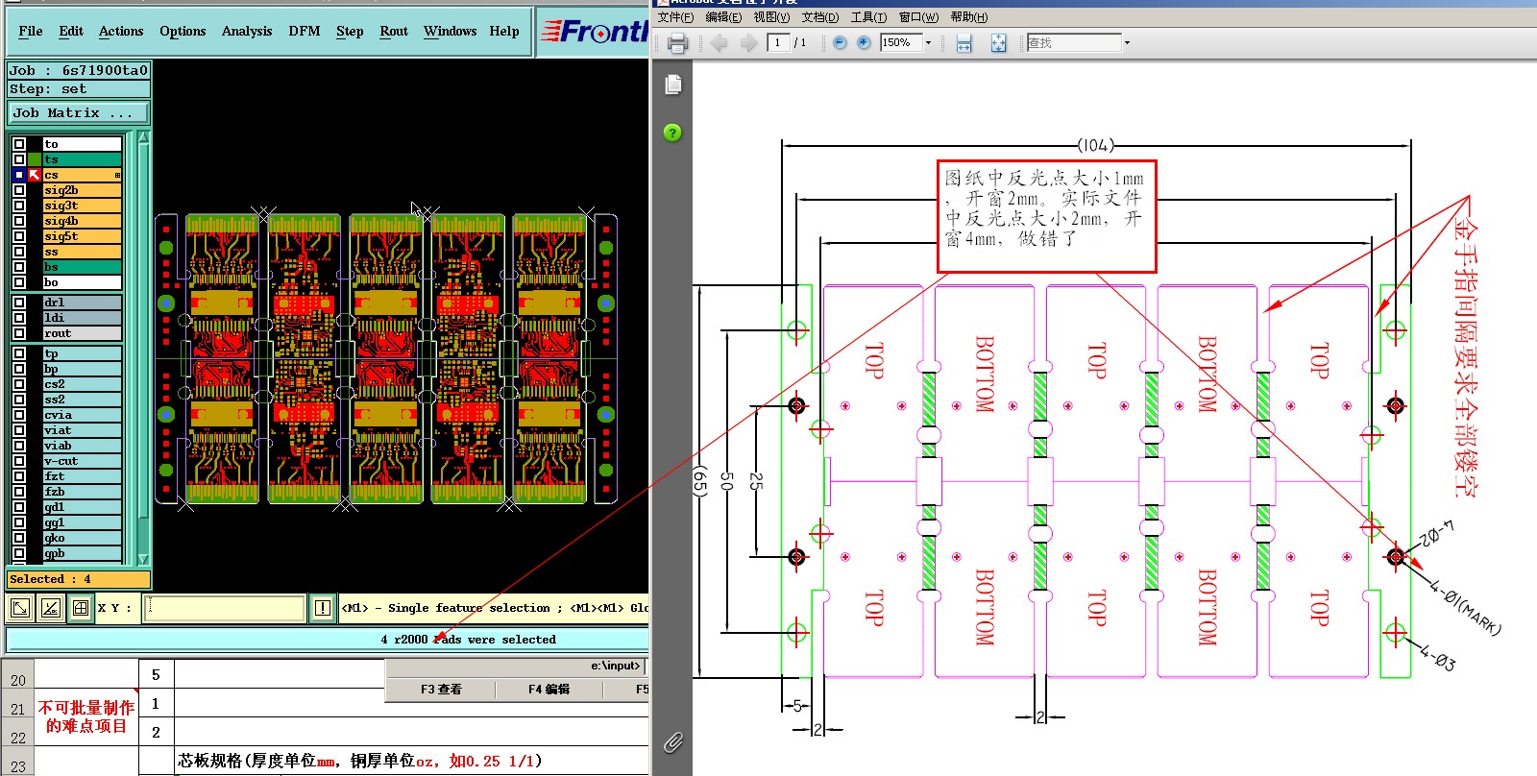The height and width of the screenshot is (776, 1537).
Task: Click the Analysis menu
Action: tap(247, 31)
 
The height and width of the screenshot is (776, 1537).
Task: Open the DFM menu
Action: tap(305, 31)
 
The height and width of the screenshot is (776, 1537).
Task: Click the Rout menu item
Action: tap(394, 31)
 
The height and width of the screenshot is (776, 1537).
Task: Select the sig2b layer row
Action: tap(82, 190)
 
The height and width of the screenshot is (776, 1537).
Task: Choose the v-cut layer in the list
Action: tap(82, 461)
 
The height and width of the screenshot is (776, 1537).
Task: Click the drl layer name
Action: tap(82, 303)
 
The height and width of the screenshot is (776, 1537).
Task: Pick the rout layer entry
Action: tap(82, 333)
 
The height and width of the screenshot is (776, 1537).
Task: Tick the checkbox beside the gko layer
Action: tap(19, 538)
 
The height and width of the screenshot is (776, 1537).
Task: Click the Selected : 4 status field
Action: tap(78, 579)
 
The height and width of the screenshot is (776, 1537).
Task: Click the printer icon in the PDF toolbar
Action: tap(677, 43)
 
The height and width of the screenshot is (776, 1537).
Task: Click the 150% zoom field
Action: tap(901, 43)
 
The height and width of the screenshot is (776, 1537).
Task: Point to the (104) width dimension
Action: tap(1096, 146)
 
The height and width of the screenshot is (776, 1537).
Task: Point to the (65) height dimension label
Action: tap(700, 480)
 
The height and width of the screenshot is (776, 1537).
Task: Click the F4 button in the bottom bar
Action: tap(549, 690)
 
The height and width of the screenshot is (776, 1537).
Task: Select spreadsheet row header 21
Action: tap(18, 709)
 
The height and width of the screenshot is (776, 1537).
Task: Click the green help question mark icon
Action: tap(672, 133)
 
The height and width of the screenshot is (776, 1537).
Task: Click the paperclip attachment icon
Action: tap(673, 741)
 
